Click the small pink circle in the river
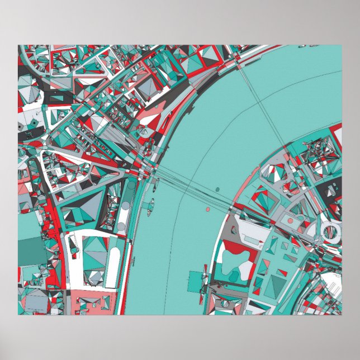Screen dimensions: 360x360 [x=208, y=210]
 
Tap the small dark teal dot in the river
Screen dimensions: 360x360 [x=151, y=201]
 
